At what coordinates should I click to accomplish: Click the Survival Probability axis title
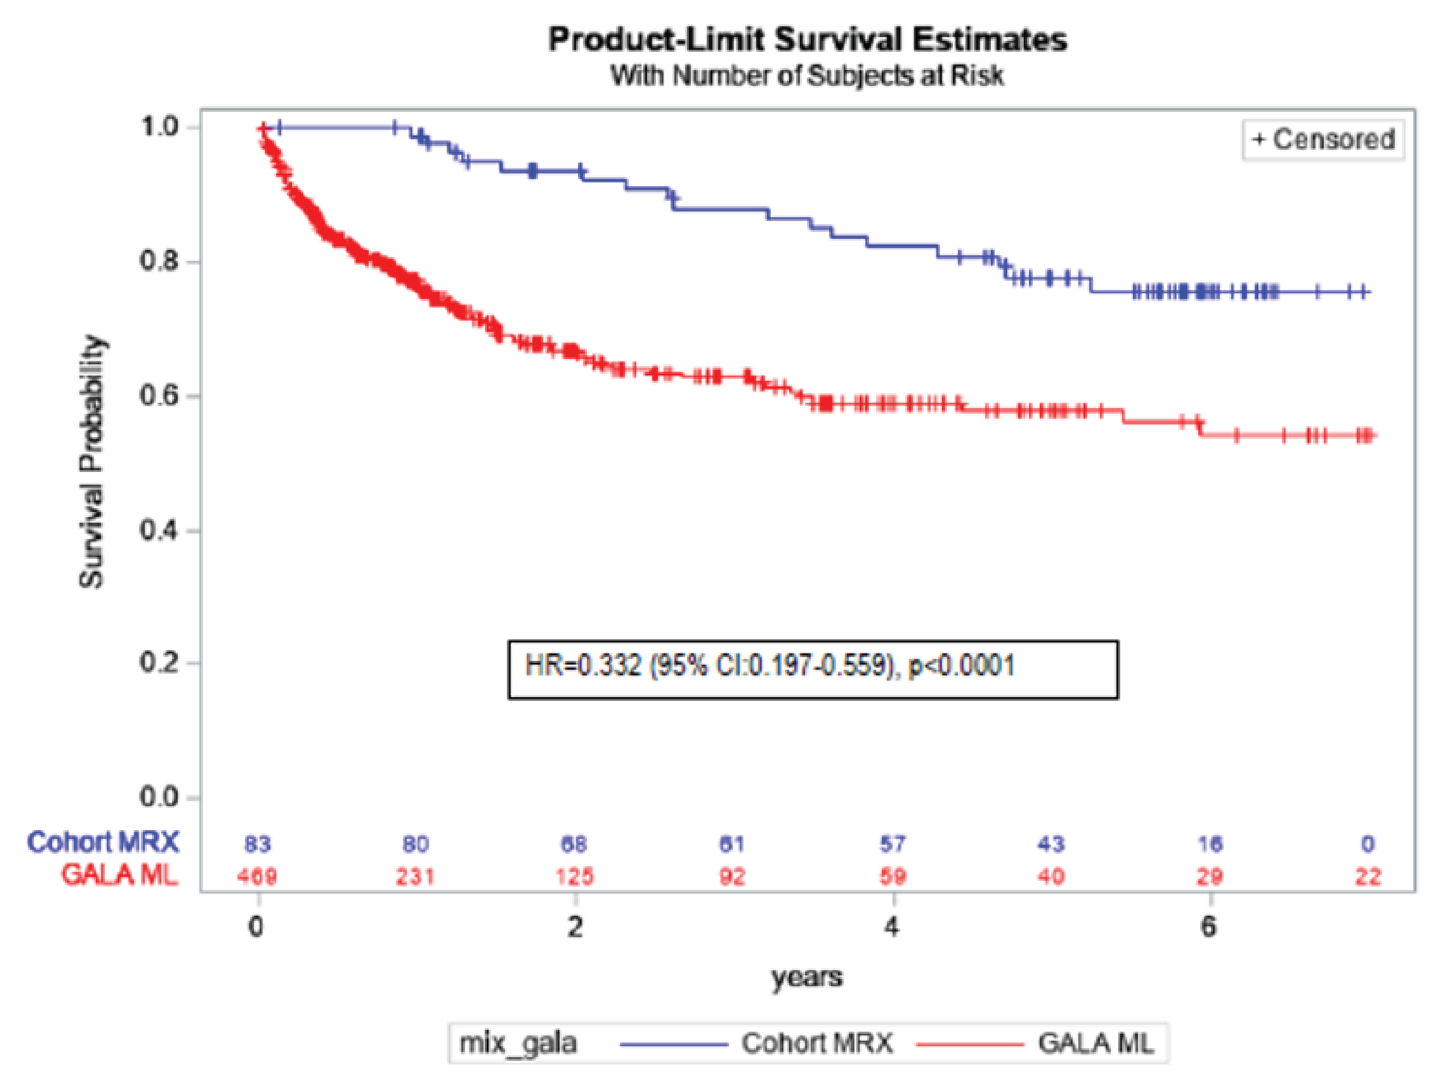coord(91,462)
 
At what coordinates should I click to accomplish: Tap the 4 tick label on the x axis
coord(892,926)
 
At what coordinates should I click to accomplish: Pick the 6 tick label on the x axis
coord(1209,926)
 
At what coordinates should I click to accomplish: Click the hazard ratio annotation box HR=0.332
coord(813,669)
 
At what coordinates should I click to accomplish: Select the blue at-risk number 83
coord(258,844)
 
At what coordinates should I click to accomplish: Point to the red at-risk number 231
coord(416,877)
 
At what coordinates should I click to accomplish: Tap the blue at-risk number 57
coord(893,844)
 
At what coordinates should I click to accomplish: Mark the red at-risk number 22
coord(1368,877)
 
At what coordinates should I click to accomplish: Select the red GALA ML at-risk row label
coord(119,875)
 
